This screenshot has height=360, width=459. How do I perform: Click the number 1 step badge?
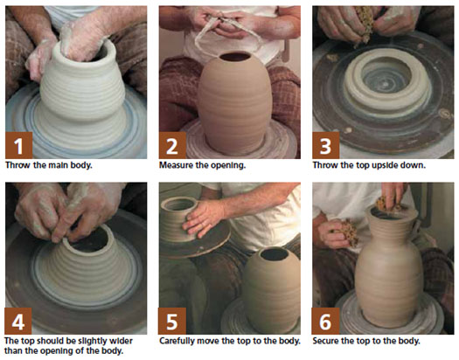(18, 145)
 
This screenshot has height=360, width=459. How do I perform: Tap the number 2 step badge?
(172, 145)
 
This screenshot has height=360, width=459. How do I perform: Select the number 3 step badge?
(326, 145)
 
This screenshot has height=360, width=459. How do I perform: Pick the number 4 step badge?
(18, 321)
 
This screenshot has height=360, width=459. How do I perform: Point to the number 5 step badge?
(172, 321)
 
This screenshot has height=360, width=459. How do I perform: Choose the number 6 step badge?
(325, 321)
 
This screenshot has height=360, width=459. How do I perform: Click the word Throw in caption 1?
(18, 165)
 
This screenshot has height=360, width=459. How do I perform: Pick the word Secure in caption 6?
(325, 341)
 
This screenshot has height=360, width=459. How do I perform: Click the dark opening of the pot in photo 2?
(235, 57)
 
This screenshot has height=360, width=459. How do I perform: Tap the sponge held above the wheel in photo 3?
(365, 24)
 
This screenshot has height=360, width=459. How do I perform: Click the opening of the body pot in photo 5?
(275, 254)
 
